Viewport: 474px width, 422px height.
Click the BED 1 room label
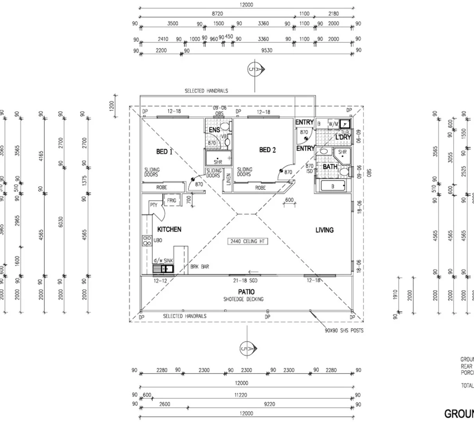[164, 152]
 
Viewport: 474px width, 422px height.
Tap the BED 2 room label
[267, 150]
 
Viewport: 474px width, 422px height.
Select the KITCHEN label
[169, 229]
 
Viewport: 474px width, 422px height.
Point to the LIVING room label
[324, 230]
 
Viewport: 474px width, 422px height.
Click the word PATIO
[246, 291]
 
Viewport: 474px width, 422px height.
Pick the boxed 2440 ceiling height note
[247, 241]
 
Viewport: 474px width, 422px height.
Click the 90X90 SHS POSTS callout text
[344, 331]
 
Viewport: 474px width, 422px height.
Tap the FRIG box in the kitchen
[171, 200]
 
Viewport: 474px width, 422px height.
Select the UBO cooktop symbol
[147, 240]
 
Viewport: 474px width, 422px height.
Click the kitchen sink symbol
[163, 269]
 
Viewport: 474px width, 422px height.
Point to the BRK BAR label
[199, 266]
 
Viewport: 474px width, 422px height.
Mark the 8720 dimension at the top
[217, 14]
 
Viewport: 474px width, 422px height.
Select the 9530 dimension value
[267, 50]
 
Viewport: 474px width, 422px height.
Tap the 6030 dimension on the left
[61, 233]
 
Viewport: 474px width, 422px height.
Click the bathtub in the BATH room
[333, 186]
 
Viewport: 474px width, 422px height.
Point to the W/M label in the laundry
[333, 124]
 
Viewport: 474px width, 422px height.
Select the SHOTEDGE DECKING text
[243, 299]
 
